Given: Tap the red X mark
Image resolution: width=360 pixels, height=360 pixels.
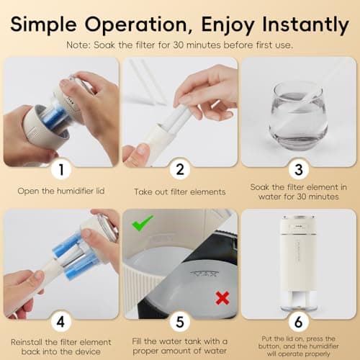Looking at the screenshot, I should [x=222, y=297].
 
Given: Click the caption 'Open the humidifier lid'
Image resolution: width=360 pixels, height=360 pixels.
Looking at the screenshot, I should [x=61, y=192].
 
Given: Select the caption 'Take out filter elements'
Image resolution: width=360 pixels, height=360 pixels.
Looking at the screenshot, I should [x=179, y=192].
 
